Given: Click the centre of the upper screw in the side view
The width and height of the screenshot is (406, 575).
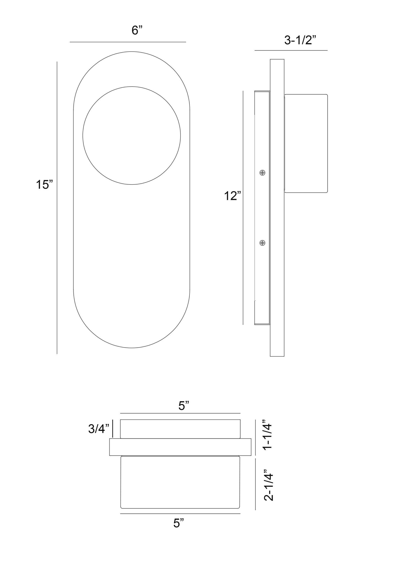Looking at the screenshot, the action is pyautogui.click(x=262, y=172).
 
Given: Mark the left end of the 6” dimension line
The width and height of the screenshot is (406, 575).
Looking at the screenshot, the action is pyautogui.click(x=70, y=42).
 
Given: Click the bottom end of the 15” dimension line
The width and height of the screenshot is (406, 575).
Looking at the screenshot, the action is pyautogui.click(x=57, y=354).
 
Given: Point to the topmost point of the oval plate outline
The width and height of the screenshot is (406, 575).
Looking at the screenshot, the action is pyautogui.click(x=132, y=52).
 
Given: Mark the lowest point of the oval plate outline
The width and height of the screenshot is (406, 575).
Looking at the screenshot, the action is pyautogui.click(x=132, y=348).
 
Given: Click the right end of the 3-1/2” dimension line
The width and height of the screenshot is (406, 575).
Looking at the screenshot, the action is pyautogui.click(x=327, y=50).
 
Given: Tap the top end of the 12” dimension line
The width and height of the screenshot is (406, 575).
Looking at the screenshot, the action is pyautogui.click(x=243, y=91).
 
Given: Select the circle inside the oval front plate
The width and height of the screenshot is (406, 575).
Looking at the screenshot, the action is pyautogui.click(x=132, y=87).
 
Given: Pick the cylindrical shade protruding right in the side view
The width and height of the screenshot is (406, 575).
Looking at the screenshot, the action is pyautogui.click(x=306, y=144).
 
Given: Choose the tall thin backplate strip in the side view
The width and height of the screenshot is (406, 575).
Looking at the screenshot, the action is pyautogui.click(x=277, y=208).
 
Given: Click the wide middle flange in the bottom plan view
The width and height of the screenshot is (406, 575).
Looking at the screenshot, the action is pyautogui.click(x=180, y=447).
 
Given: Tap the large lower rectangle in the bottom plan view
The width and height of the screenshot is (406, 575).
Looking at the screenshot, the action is pyautogui.click(x=180, y=482).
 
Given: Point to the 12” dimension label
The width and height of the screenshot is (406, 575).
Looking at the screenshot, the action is pyautogui.click(x=232, y=196).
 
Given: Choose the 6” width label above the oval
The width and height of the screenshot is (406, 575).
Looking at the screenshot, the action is pyautogui.click(x=137, y=30).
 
